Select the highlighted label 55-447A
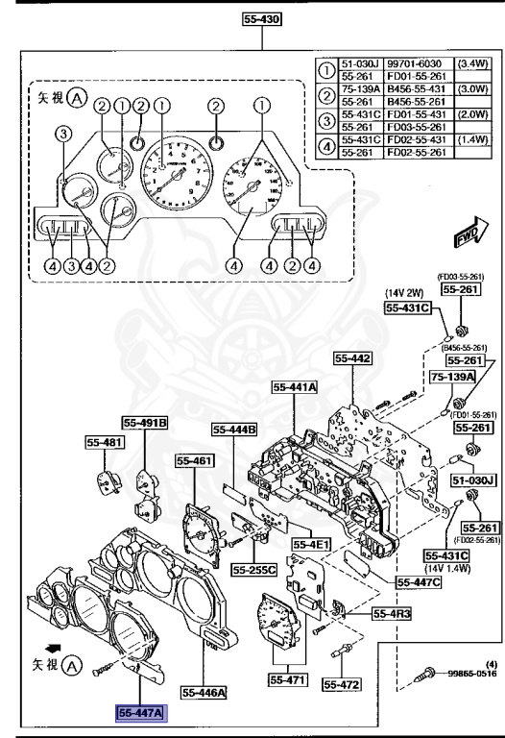140,712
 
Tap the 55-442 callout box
352,357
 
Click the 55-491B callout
145,421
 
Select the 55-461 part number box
192,461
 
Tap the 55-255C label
253,569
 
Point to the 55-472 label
341,684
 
